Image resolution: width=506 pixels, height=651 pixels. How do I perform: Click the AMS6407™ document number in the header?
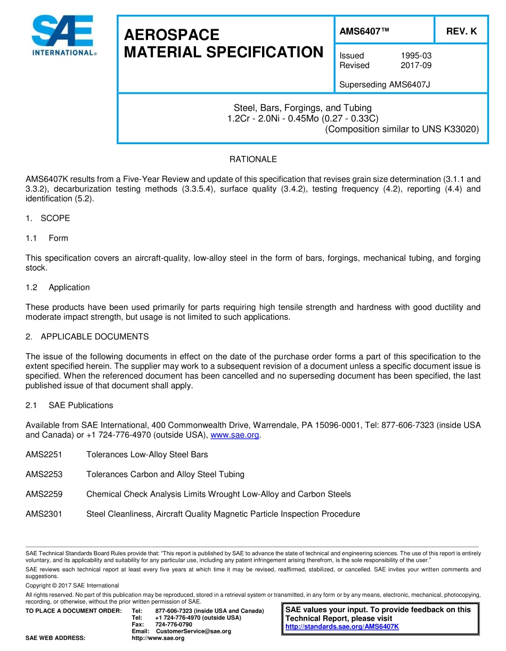coord(364,31)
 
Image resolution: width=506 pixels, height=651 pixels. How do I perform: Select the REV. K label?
coord(461,31)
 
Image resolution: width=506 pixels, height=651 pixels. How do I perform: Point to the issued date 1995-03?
coord(415,56)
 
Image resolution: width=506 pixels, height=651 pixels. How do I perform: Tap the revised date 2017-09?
coord(415,65)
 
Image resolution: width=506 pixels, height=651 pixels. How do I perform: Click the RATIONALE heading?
coord(253,160)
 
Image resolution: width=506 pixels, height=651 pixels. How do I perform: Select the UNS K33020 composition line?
coord(402,129)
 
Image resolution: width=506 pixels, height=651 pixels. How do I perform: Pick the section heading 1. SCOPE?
coord(48,218)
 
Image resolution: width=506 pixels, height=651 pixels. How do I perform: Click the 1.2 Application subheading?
coord(58,287)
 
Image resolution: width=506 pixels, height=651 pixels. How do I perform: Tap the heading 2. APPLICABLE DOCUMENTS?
coord(87,337)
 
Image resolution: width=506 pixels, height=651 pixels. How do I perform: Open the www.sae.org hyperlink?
coord(235,435)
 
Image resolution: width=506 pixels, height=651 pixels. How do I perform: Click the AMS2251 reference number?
coord(44,455)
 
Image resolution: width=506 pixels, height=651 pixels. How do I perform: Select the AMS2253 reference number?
coord(44,474)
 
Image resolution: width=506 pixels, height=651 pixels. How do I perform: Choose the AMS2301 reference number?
coord(44,514)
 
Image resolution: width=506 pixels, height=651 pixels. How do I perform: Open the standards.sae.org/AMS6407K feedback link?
coord(342,627)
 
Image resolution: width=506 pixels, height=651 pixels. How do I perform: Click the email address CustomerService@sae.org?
coord(193,631)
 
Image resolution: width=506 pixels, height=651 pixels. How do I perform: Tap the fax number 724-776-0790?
coord(174,624)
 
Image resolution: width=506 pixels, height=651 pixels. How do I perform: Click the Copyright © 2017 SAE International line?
coord(72,586)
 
